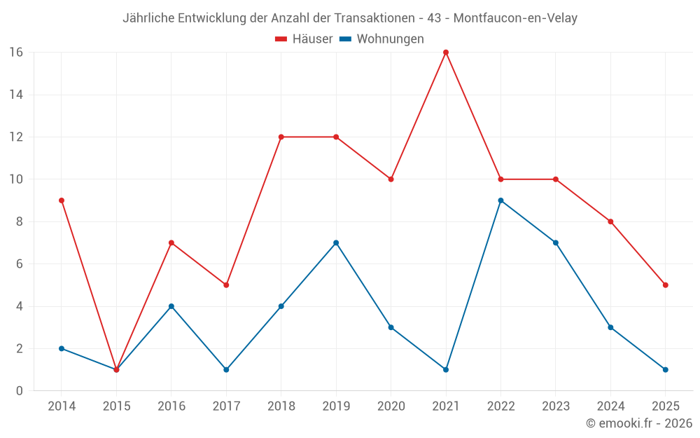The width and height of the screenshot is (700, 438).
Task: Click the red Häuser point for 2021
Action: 446,53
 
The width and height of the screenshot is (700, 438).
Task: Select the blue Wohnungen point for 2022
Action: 500,200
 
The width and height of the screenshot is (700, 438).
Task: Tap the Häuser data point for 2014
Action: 62,200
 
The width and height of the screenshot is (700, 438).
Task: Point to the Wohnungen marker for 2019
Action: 336,243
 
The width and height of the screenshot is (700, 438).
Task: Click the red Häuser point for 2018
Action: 281,137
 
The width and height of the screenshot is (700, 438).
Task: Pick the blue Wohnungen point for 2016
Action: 171,306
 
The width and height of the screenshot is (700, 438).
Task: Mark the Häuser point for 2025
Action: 665,285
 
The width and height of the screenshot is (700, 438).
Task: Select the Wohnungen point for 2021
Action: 446,369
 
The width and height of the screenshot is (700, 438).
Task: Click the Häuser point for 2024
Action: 610,221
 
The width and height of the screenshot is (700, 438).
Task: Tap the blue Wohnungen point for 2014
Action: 62,348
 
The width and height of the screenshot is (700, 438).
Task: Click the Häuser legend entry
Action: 304,39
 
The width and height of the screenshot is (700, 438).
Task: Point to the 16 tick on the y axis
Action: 16,53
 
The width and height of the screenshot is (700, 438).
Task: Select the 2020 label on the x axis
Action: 391,406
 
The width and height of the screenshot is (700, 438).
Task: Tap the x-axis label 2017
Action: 226,406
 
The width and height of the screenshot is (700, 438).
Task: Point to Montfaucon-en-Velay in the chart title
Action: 515,18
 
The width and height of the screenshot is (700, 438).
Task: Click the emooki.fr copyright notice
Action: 638,423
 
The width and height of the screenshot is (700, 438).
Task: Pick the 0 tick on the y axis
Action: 20,390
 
